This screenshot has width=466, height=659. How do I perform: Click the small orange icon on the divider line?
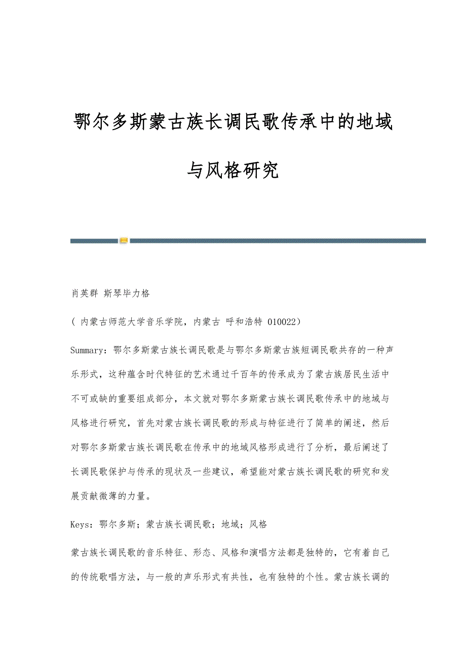[124, 241]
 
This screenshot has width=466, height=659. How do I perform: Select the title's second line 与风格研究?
[233, 171]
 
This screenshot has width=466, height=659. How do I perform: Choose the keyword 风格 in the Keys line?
[258, 524]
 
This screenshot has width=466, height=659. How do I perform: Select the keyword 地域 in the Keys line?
[230, 524]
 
